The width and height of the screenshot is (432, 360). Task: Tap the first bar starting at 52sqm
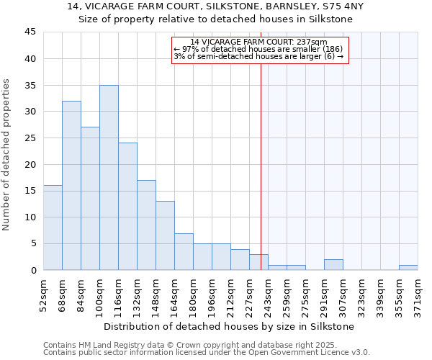click(x=53, y=228)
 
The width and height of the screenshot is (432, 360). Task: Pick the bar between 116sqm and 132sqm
click(x=127, y=207)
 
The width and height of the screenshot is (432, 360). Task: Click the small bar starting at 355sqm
click(x=408, y=267)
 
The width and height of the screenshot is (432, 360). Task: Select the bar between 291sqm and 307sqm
click(x=333, y=265)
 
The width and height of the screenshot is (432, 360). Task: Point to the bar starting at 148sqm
click(x=165, y=235)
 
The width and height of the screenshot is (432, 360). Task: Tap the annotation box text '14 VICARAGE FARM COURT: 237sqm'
click(x=259, y=42)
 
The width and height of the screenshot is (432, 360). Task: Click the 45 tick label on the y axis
click(x=30, y=32)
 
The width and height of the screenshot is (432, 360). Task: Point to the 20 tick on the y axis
click(x=30, y=164)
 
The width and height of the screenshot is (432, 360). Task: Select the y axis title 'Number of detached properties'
click(x=7, y=155)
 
